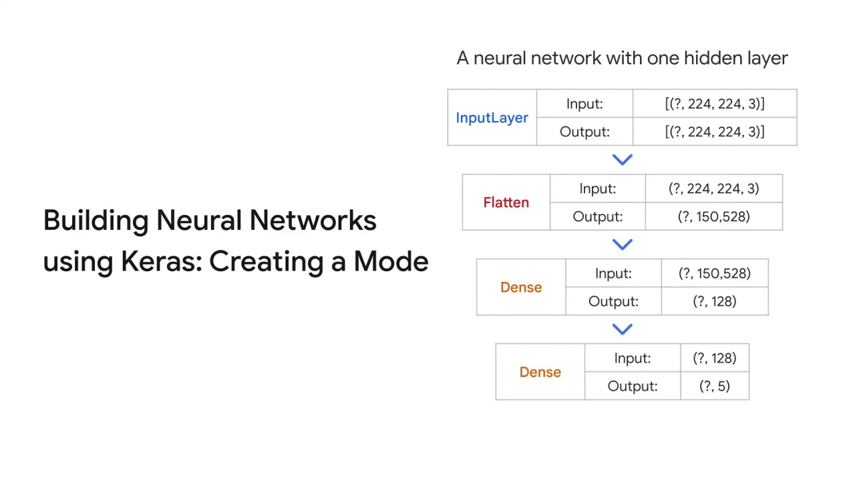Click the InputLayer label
click(x=492, y=118)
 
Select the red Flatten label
click(x=506, y=202)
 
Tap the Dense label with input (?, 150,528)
click(x=521, y=287)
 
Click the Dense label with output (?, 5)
click(x=540, y=372)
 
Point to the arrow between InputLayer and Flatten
click(x=622, y=160)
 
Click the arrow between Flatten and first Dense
click(x=622, y=245)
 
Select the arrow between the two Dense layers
click(x=622, y=329)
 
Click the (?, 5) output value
click(x=714, y=386)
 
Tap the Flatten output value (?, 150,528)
click(x=713, y=216)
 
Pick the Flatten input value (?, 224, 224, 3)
click(x=713, y=188)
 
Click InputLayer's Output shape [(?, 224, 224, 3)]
click(x=714, y=132)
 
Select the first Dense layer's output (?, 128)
click(x=714, y=301)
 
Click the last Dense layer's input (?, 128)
click(x=714, y=358)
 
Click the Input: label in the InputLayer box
click(x=584, y=104)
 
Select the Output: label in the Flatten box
click(x=597, y=216)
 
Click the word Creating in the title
click(x=269, y=261)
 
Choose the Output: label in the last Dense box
click(x=632, y=386)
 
